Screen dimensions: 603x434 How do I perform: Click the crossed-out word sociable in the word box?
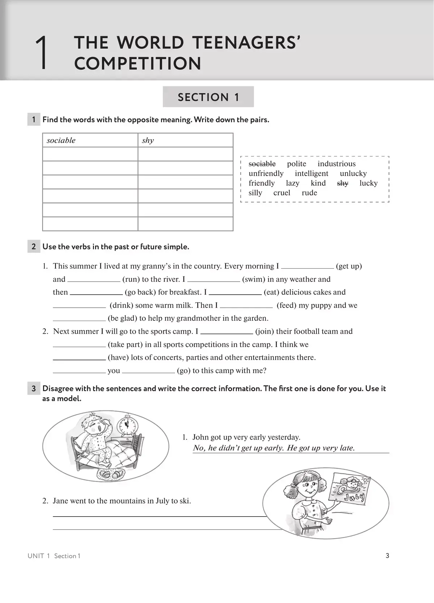[x=262, y=164]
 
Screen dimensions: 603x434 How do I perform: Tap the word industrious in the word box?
[x=336, y=164]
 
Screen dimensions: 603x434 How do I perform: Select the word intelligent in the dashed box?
[x=311, y=174]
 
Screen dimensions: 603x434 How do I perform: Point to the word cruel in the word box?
[x=282, y=193]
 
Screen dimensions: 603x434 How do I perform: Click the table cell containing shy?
[x=185, y=140]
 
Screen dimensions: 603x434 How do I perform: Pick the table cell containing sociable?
[x=90, y=140]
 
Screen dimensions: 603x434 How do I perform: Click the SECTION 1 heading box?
[x=208, y=97]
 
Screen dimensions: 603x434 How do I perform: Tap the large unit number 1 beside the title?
[x=42, y=53]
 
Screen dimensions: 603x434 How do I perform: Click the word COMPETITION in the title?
[x=137, y=64]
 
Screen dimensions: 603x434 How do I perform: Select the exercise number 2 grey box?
[x=34, y=247]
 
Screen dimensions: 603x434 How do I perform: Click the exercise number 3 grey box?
[x=34, y=389]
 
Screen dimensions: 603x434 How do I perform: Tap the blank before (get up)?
[x=307, y=267]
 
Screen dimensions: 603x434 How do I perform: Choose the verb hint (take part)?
[x=125, y=345]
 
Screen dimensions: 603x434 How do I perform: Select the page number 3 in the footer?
[x=387, y=556]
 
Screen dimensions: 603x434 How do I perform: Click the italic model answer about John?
[x=274, y=448]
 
